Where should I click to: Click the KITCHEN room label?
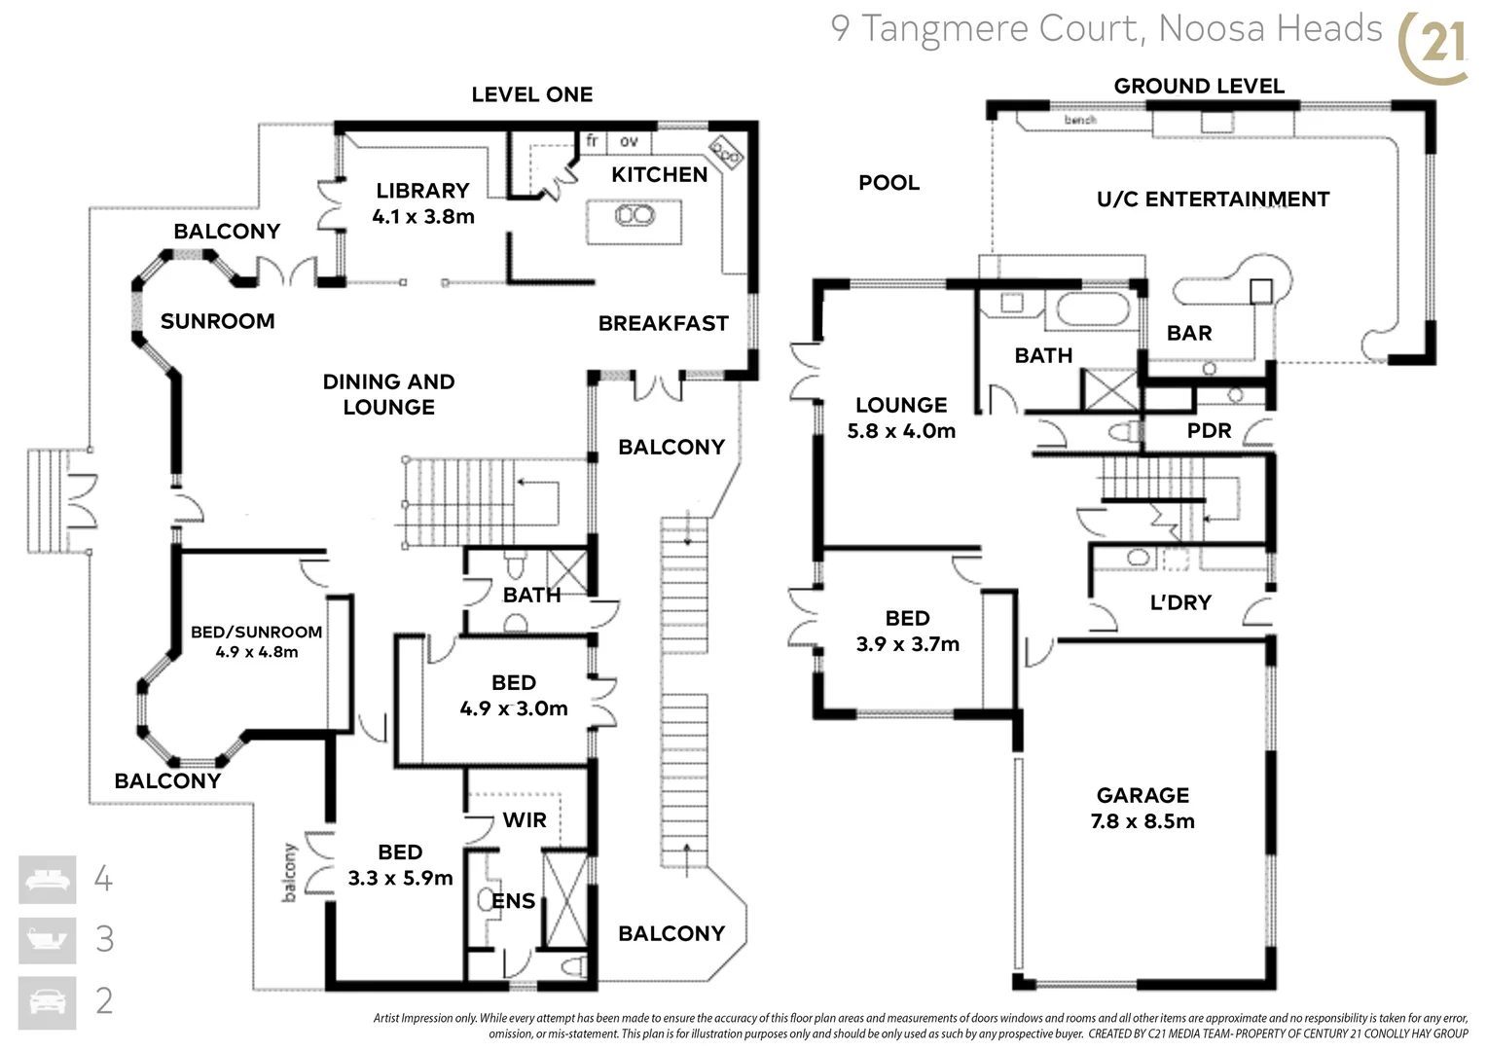point(659,175)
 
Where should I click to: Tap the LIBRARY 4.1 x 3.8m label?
point(422,203)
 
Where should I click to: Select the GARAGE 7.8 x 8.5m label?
point(1142,808)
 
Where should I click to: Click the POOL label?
point(889,183)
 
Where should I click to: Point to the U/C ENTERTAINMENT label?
point(1213,199)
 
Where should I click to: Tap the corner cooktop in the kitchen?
point(726,151)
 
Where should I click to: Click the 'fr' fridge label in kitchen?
point(592,141)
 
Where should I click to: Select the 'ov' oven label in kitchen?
point(630,141)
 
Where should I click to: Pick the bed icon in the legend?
point(48,880)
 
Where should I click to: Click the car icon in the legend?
point(48,1001)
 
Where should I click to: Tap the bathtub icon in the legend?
point(48,940)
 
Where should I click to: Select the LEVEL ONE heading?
point(531,94)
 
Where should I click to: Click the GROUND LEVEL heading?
point(1199,86)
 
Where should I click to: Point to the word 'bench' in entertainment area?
point(1080,120)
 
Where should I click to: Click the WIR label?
point(525,820)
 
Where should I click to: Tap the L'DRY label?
point(1180,602)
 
